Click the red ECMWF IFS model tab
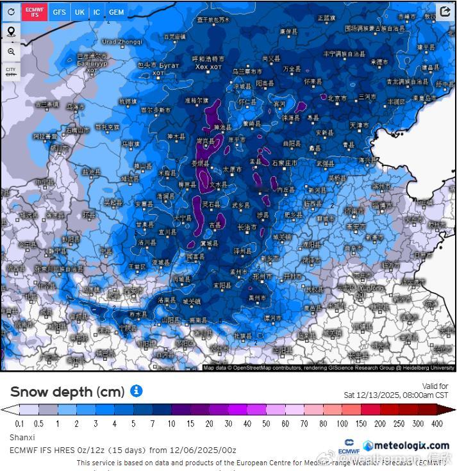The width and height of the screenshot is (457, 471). tap(35, 12)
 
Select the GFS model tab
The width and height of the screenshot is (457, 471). tap(59, 12)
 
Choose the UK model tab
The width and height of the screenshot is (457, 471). tap(79, 12)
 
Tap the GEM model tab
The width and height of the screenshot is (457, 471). tap(117, 12)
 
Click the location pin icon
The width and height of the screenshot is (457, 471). tap(11, 31)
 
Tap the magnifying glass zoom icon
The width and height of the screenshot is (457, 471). tap(11, 51)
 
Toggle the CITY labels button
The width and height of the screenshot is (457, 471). tap(11, 71)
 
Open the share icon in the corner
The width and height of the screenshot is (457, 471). tap(445, 12)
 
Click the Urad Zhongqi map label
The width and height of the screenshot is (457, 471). tap(122, 42)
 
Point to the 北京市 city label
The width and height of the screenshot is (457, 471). tap(337, 98)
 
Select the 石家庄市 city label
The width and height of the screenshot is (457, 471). tap(284, 163)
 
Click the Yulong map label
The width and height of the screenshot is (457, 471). tap(372, 288)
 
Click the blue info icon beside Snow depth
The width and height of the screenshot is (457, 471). tap(136, 391)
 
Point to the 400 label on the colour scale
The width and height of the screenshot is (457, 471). tap(437, 424)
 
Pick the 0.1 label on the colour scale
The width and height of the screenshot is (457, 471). tap(20, 424)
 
